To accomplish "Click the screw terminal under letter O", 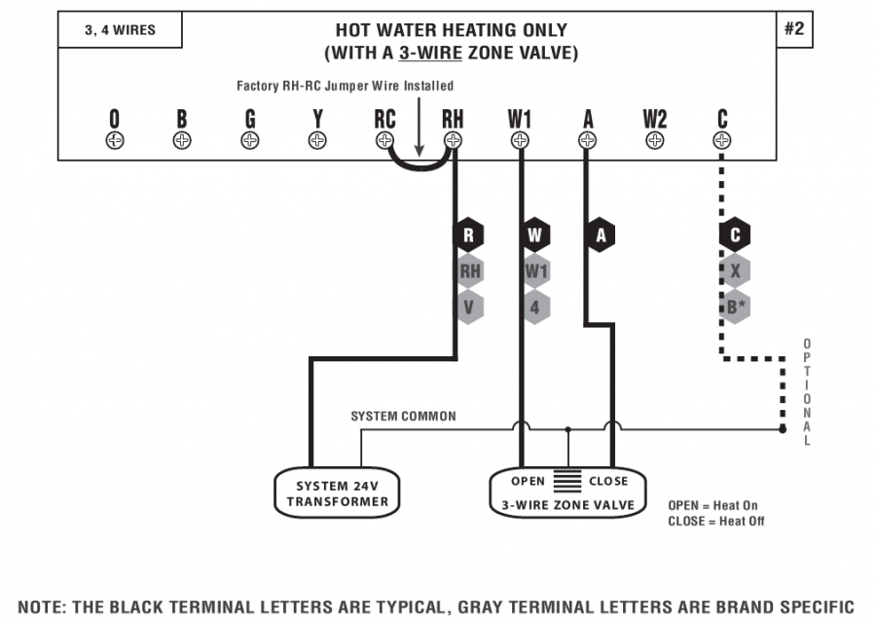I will click(x=115, y=140).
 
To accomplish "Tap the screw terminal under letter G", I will click(x=250, y=140).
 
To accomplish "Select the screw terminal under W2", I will click(x=654, y=140).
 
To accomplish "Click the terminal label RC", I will click(x=384, y=119).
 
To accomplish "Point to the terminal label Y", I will click(x=317, y=119).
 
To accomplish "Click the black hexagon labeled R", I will click(x=469, y=236).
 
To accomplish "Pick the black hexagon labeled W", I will click(x=535, y=236).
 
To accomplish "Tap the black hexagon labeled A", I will click(x=601, y=236).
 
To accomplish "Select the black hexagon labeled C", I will click(x=735, y=236).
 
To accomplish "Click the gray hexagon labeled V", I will click(x=469, y=307).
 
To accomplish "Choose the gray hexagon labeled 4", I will click(x=535, y=307).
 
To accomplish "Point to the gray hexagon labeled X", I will click(x=735, y=272).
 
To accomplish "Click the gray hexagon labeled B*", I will click(x=735, y=307).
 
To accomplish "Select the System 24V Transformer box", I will click(x=337, y=493).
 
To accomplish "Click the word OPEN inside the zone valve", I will click(x=529, y=482).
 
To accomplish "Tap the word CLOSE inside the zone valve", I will click(x=608, y=482).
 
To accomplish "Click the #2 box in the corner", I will click(x=794, y=29).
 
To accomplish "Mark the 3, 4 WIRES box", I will click(x=120, y=30).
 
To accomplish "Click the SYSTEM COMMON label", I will click(x=403, y=417).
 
